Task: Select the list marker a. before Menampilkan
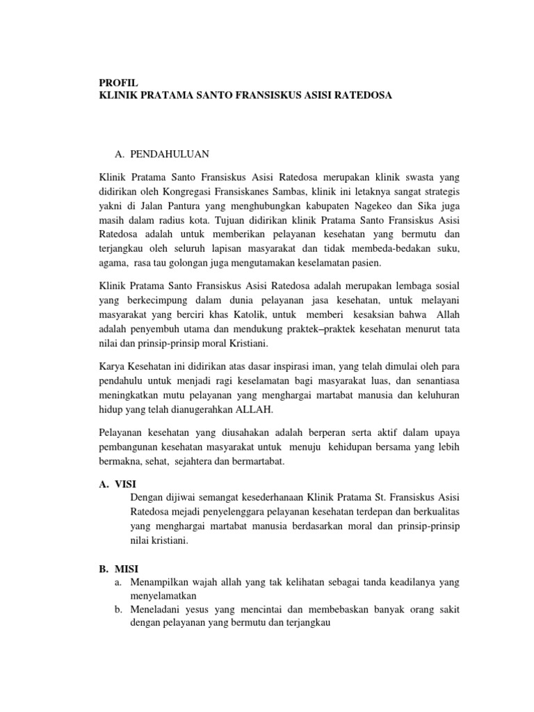point(119,581)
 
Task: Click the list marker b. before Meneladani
point(119,610)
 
